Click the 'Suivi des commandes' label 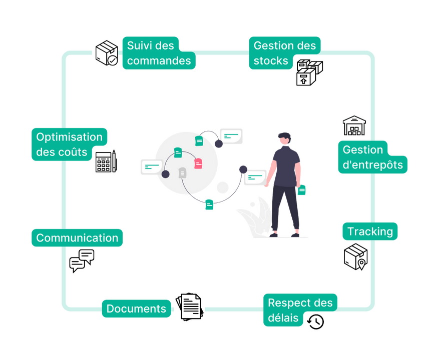159,53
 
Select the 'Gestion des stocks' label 284,53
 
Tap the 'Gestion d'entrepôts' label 372,157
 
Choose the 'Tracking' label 370,231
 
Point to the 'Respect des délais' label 299,310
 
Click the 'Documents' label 136,308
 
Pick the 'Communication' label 77,237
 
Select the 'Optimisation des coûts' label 69,144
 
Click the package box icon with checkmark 106,53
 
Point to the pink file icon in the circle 198,163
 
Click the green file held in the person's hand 302,190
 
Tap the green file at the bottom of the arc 209,204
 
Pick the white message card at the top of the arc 231,135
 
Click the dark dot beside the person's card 243,168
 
